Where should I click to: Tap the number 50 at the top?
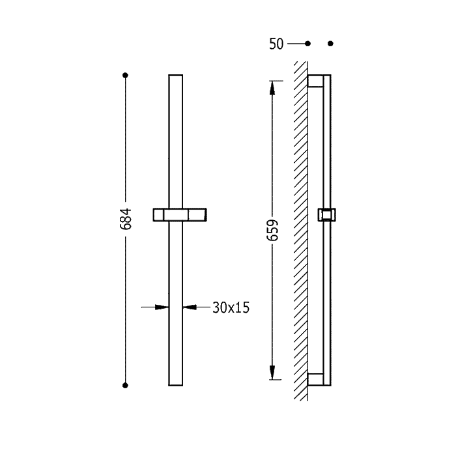[276, 44]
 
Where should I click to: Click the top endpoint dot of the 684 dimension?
[126, 76]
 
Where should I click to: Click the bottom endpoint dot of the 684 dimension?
[126, 385]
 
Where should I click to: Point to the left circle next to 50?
[308, 44]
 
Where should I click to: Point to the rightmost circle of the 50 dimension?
[330, 44]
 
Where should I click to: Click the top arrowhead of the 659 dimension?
[274, 85]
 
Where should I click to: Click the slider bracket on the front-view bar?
[178, 215]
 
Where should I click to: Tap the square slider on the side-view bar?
[325, 215]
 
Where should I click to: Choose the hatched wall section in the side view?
[300, 228]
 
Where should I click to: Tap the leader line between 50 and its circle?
[296, 44]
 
